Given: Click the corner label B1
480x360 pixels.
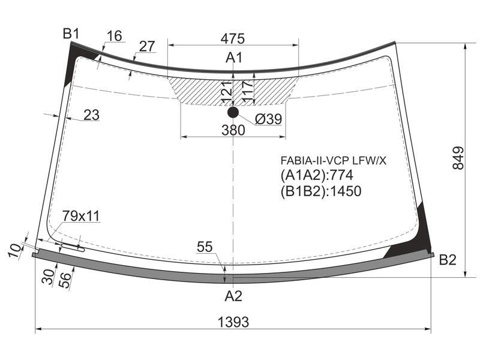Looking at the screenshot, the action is tap(71, 34).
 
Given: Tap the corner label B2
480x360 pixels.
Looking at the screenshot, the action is tap(448, 260).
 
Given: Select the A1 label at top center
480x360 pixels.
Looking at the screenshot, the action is tap(234, 57).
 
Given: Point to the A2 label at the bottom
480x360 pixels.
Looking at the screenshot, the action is tap(233, 296).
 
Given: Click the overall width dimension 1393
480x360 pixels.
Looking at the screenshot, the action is tap(233, 322).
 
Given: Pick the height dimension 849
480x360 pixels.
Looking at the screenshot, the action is tap(458, 158).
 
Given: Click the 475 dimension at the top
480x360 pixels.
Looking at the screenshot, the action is tap(233, 38).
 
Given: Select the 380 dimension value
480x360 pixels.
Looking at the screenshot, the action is tap(233, 130).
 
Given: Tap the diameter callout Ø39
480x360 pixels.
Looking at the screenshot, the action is tap(268, 119).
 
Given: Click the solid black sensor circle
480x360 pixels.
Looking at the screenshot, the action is tap(233, 113).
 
